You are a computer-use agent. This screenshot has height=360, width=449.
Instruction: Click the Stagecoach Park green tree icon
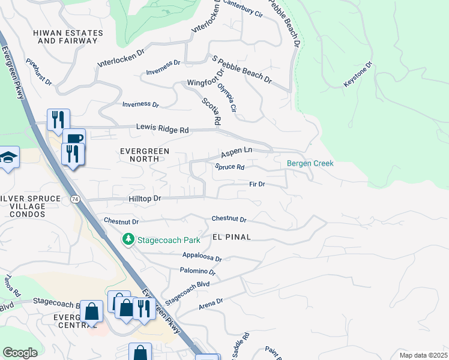tap(128, 240)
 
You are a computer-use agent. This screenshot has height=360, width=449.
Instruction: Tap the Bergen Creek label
tap(310, 163)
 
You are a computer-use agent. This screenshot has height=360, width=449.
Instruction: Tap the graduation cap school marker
tap(8, 158)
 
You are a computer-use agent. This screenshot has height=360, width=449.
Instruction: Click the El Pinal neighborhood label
tap(231, 237)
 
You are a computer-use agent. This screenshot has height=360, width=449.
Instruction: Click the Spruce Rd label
tap(230, 167)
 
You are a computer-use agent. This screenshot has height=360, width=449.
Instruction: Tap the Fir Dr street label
tap(257, 184)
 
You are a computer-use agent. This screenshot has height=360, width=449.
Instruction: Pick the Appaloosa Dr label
tap(202, 257)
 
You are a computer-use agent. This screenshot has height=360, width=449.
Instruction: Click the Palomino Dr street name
tap(197, 272)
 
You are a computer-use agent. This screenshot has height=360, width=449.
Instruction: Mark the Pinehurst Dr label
tap(39, 71)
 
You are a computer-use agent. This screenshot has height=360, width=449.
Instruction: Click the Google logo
tap(20, 353)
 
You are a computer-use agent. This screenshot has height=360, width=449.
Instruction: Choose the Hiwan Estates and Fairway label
tap(67, 36)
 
